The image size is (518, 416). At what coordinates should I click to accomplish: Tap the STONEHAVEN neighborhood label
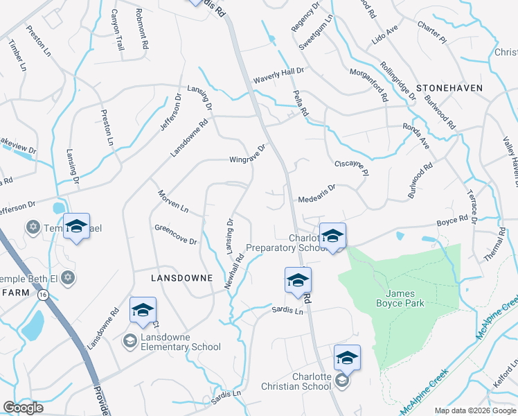(449, 88)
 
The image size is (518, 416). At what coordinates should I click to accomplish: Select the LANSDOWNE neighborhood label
(181, 277)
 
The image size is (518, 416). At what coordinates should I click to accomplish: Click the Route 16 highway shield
(44, 295)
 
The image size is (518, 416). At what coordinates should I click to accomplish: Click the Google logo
(23, 408)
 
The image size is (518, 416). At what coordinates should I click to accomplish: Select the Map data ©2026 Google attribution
(475, 410)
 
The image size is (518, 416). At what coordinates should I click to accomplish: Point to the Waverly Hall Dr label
(278, 71)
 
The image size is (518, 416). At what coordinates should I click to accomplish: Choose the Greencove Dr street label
(176, 235)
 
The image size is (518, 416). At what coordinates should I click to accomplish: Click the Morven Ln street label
(172, 201)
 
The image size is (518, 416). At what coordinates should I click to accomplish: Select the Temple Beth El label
(28, 278)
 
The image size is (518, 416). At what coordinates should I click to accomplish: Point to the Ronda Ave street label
(416, 136)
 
